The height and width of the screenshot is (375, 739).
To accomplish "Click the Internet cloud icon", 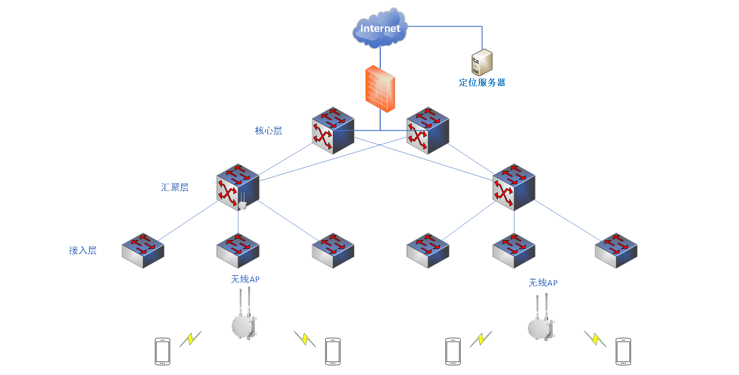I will tap(380, 28).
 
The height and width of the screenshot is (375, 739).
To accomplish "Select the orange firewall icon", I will tap(380, 89).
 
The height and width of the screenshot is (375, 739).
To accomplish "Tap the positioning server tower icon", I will tap(482, 63).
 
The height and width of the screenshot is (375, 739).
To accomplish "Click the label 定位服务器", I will tap(482, 83).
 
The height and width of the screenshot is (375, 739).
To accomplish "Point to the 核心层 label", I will tap(269, 131).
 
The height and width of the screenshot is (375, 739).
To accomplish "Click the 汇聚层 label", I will tap(175, 187).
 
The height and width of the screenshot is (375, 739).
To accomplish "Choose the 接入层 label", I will tap(83, 250).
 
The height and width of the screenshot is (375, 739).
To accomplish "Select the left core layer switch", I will tap(333, 131).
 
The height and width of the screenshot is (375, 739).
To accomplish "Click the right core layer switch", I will tap(428, 131).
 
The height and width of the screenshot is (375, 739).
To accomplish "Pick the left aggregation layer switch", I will tap(238, 187).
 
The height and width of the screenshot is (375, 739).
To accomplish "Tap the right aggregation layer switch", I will tap(514, 187).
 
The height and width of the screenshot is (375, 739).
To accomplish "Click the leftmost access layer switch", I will tap(143, 250).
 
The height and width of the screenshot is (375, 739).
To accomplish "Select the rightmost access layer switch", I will tap(616, 250).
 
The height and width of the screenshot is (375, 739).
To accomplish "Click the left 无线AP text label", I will tap(245, 279).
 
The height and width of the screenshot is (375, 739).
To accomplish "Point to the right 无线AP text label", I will tap(543, 283).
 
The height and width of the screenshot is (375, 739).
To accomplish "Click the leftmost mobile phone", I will tap(162, 352).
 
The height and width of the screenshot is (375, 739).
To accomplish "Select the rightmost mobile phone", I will tap(623, 352).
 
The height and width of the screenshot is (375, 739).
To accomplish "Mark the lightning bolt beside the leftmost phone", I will tap(190, 339).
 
